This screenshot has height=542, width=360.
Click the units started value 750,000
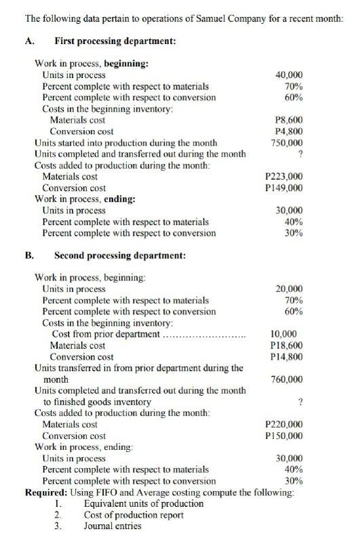point(287,143)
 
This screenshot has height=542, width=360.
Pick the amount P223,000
point(286,177)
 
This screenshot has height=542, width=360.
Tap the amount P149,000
point(286,188)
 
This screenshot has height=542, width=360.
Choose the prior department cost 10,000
point(286,334)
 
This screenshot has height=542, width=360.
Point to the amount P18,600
point(286,346)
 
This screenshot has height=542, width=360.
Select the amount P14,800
point(286,356)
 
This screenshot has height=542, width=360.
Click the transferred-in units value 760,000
point(287,379)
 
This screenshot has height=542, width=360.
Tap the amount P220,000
point(286,424)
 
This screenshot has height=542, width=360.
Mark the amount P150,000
point(286,436)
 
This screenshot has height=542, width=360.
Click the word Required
point(45,492)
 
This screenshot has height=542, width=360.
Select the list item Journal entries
point(113,526)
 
